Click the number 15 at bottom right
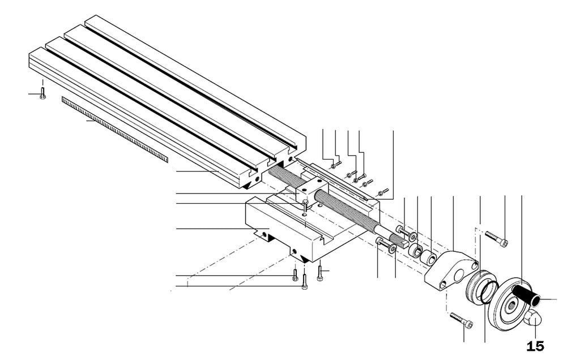535,346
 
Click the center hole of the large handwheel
511,305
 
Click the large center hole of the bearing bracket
460,275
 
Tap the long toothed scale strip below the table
114,130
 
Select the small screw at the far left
42,93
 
